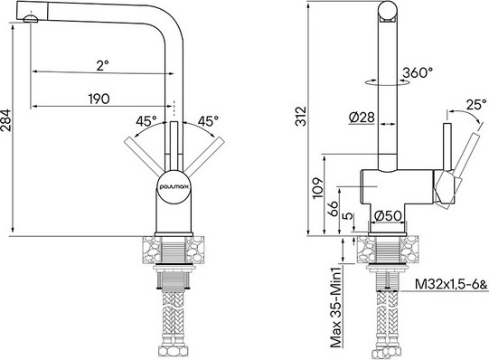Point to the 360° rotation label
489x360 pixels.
(418, 71)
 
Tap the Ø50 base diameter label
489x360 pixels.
(388, 215)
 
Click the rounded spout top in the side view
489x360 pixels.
(386, 11)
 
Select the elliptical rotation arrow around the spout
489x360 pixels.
(387, 81)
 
